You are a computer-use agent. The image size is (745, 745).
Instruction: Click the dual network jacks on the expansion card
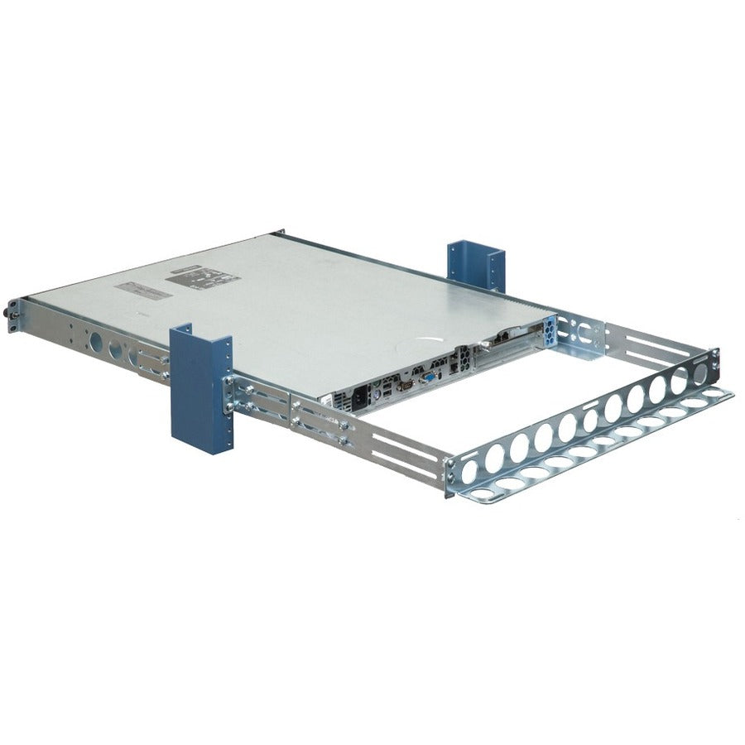tap(503, 338)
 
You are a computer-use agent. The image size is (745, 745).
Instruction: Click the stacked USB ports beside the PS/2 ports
tap(387, 388)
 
